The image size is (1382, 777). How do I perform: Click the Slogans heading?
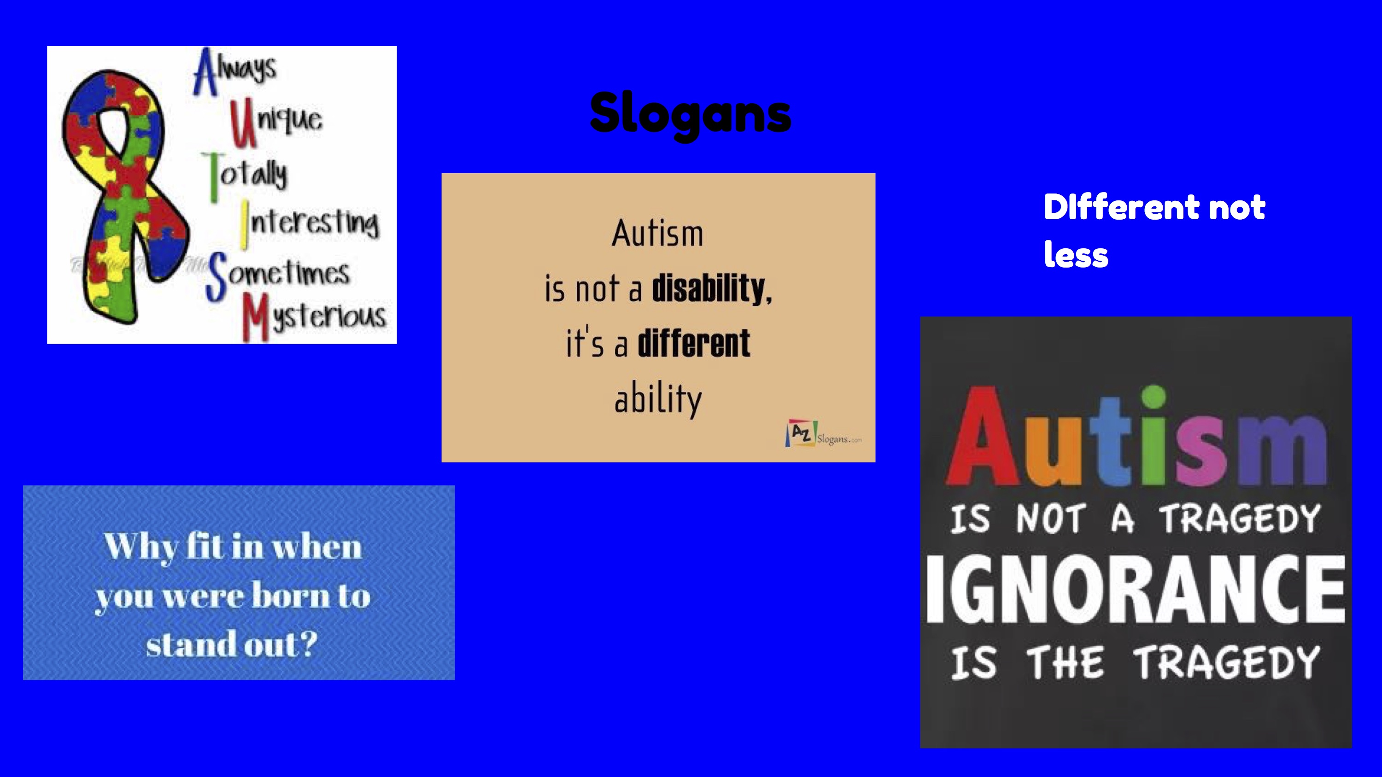[691, 114]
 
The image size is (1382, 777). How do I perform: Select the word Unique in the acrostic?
[276, 122]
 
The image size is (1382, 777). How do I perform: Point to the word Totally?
[245, 176]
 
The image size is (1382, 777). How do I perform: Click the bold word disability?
[712, 289]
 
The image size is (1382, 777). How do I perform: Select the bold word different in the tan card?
[694, 343]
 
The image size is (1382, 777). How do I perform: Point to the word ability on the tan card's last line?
[658, 399]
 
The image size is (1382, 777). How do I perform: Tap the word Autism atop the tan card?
[658, 234]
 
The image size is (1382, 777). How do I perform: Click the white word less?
[1076, 255]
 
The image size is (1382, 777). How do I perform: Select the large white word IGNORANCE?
[1135, 590]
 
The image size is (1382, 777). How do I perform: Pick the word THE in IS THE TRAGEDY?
[1065, 663]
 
